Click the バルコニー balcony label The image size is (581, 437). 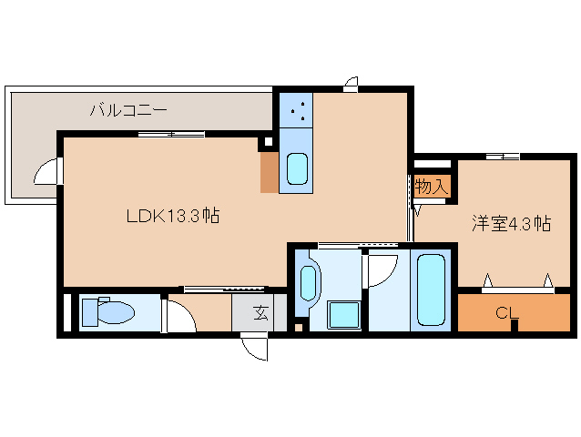tap(127, 110)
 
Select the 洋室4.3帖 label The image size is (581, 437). tap(510, 223)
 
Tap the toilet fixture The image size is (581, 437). tap(107, 313)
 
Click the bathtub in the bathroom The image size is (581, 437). tap(430, 290)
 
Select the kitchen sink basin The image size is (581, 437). tap(297, 170)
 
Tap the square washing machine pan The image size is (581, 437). tap(345, 314)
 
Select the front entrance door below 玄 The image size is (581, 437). tap(254, 348)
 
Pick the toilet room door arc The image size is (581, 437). tap(178, 315)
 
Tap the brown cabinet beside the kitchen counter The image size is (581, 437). tap(269, 172)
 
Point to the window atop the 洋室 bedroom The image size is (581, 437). tap(503, 157)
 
